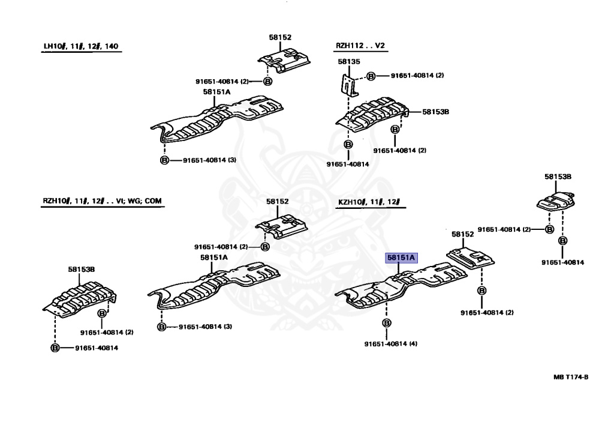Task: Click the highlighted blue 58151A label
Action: click(x=401, y=258)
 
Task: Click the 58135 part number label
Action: click(x=349, y=62)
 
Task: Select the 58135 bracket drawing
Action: click(x=348, y=85)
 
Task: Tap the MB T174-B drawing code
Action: click(x=571, y=377)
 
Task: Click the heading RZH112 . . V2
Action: click(x=360, y=46)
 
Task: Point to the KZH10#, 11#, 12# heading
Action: click(x=369, y=202)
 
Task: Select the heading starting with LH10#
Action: click(x=81, y=46)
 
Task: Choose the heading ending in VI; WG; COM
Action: click(x=102, y=201)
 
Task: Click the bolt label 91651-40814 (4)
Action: click(x=391, y=344)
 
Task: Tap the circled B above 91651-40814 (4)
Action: click(x=387, y=323)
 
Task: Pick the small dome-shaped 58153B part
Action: click(x=556, y=202)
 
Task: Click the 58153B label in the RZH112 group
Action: click(x=435, y=112)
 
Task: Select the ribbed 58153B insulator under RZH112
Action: click(x=372, y=114)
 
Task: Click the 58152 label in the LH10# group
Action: click(x=280, y=37)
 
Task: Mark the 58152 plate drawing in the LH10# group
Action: click(x=284, y=60)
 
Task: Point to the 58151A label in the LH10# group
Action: click(x=216, y=92)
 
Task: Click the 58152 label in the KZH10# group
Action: click(x=462, y=234)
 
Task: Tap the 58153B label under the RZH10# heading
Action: click(x=82, y=270)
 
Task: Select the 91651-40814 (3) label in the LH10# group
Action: click(x=209, y=160)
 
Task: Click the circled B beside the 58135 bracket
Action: click(x=371, y=76)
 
